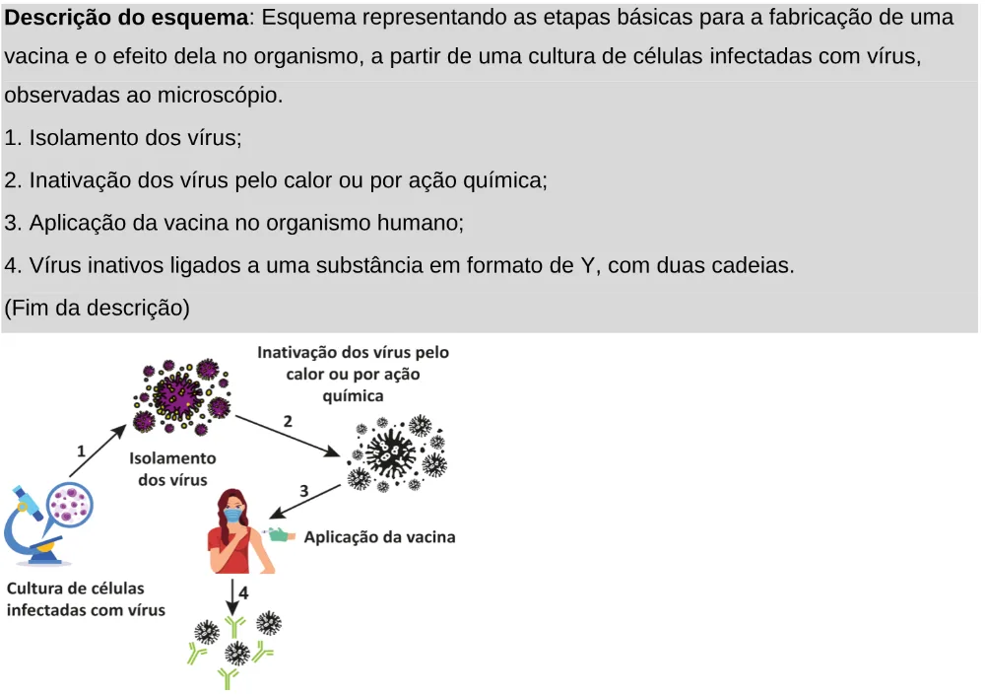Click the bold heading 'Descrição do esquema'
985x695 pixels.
(x=126, y=17)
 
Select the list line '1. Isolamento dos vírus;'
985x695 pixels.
(x=123, y=137)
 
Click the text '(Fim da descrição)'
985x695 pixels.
(x=97, y=308)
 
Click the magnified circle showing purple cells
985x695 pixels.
(x=70, y=505)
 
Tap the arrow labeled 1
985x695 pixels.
(x=98, y=451)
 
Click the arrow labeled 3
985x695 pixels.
(x=304, y=501)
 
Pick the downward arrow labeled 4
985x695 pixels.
(x=232, y=596)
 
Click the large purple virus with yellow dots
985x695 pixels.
(x=178, y=395)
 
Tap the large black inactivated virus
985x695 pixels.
(x=391, y=452)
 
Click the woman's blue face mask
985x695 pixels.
(x=233, y=516)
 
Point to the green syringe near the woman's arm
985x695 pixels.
(x=280, y=534)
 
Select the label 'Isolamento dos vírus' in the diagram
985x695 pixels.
(x=172, y=468)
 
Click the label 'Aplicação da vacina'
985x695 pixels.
(x=380, y=537)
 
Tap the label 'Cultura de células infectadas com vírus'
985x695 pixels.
(x=86, y=598)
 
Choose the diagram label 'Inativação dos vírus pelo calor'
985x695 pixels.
(x=353, y=363)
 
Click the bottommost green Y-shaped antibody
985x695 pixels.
(x=228, y=678)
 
